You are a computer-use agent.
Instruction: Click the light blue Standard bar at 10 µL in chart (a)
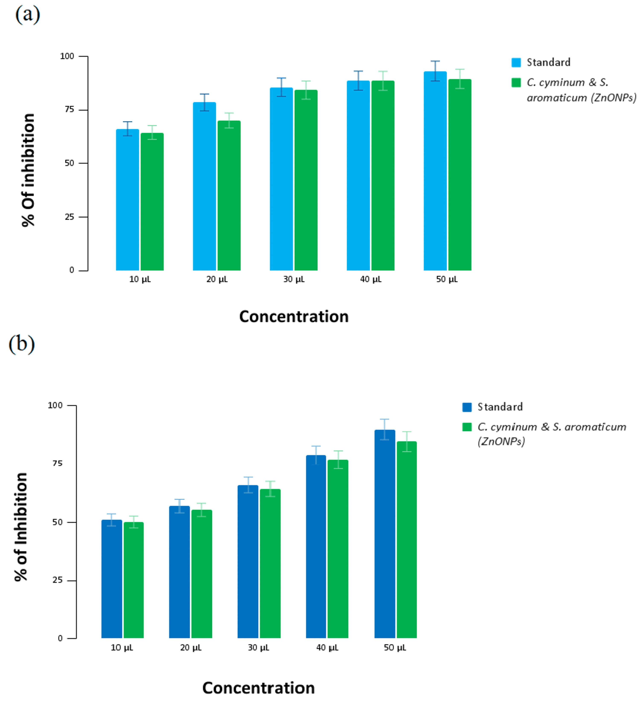[127, 200]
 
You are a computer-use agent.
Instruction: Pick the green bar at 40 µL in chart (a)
[383, 175]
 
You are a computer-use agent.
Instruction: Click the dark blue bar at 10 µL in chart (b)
[112, 579]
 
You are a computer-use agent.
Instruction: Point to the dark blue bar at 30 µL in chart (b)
[248, 561]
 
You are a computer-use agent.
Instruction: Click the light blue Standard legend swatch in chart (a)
[516, 62]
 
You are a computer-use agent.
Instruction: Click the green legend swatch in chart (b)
[467, 427]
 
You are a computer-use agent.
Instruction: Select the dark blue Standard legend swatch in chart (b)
[467, 407]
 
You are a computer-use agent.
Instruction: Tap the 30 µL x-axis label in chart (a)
[294, 280]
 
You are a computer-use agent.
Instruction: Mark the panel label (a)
[27, 15]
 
